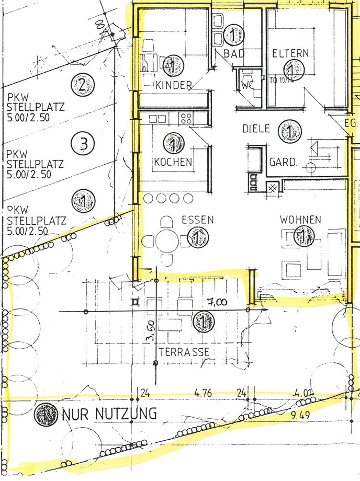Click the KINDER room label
click(174, 85)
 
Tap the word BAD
click(234, 53)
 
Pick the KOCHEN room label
click(173, 162)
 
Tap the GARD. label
click(283, 163)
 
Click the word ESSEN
click(197, 220)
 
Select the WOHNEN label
click(300, 219)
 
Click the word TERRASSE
click(185, 352)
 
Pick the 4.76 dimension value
click(205, 393)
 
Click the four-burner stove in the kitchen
click(186, 119)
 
